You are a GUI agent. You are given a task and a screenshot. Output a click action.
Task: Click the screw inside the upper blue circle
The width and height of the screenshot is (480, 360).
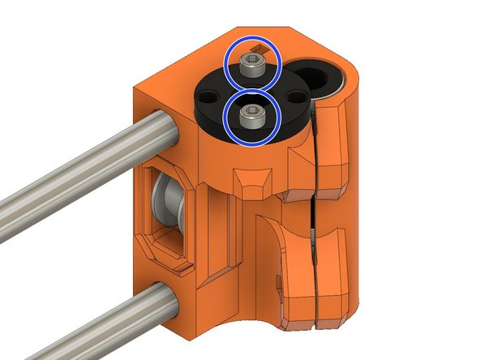pos(254,67)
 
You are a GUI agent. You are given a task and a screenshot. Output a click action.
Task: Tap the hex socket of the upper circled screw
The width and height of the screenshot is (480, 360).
pos(254,62)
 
